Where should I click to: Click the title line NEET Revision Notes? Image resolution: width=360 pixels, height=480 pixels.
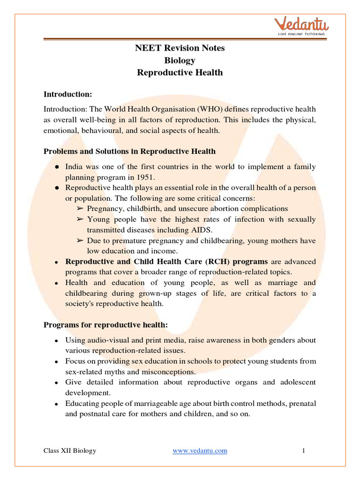click(180, 48)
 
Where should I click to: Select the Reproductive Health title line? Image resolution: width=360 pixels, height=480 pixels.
click(180, 73)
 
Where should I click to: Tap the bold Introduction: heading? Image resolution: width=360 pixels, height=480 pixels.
click(67, 94)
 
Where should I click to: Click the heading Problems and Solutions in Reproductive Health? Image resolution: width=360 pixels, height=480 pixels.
click(130, 151)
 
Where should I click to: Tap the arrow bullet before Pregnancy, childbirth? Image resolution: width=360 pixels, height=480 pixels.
click(80, 209)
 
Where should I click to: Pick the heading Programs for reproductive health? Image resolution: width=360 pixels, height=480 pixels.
click(105, 325)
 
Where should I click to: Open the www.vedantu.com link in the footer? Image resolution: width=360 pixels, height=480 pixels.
click(200, 451)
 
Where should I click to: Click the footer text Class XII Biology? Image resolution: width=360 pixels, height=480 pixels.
click(70, 451)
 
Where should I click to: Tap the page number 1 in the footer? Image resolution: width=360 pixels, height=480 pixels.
click(304, 451)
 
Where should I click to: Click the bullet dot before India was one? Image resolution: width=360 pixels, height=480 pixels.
click(56, 167)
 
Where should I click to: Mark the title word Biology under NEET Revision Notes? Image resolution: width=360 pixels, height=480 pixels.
click(180, 60)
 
